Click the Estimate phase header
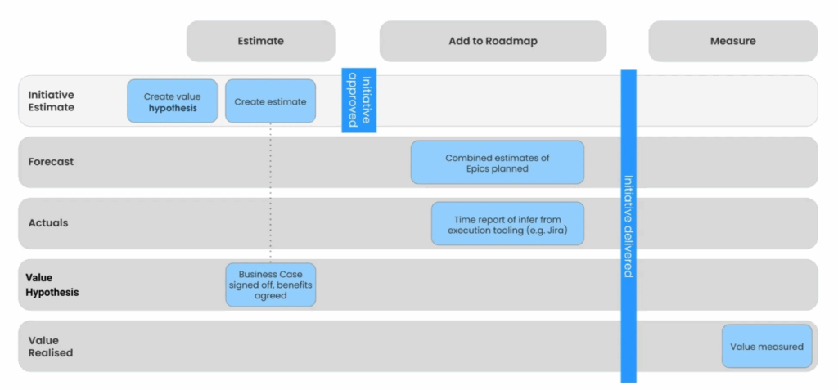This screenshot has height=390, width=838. [x=261, y=41]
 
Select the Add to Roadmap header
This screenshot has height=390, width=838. [x=493, y=41]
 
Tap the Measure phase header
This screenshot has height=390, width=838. [x=732, y=41]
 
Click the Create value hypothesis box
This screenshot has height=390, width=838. [x=172, y=101]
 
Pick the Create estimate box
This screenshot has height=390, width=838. [x=270, y=101]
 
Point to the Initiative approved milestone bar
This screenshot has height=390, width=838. [x=359, y=101]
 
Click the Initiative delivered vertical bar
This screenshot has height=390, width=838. [x=628, y=226]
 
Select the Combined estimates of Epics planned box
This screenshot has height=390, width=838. [x=498, y=163]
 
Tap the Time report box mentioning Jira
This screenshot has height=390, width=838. [x=507, y=224]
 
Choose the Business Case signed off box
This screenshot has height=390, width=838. [x=270, y=285]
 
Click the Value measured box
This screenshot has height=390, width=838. [x=767, y=346]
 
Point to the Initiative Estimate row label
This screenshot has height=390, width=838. [x=52, y=101]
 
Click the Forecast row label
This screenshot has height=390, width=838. [x=51, y=161]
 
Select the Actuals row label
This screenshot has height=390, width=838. [x=48, y=222]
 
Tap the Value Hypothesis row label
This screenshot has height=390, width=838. [x=52, y=285]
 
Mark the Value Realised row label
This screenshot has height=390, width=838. [x=51, y=346]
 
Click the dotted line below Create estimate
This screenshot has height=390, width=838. [x=270, y=193]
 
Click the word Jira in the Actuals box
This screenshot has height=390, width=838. [x=556, y=231]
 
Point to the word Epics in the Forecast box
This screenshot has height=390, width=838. [x=478, y=168]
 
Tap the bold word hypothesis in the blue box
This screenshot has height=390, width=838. [x=173, y=109]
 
